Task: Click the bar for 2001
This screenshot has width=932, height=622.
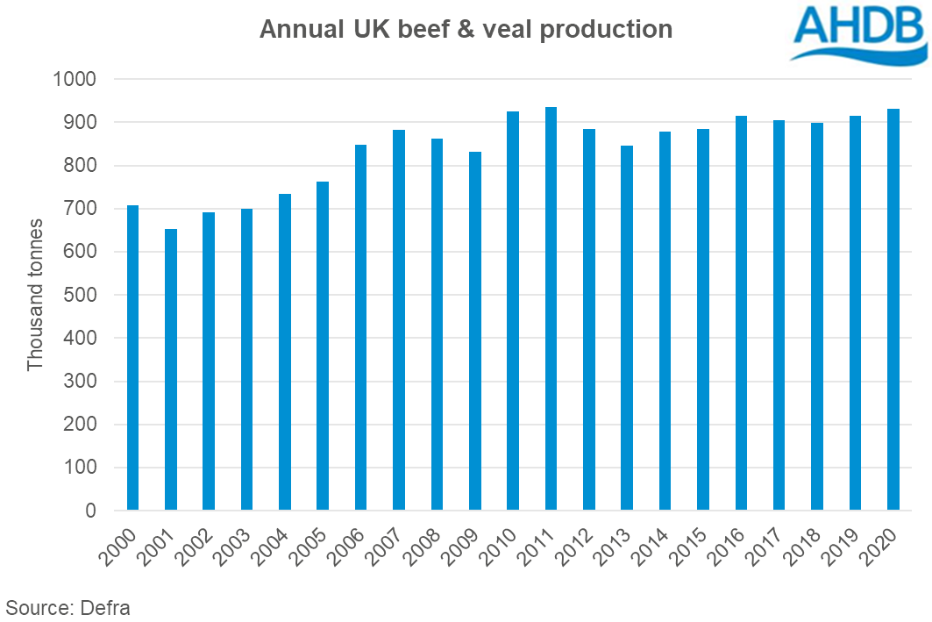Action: (x=171, y=369)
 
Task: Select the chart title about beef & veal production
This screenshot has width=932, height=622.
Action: (x=466, y=30)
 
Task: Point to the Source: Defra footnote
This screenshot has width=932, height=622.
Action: (x=68, y=607)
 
